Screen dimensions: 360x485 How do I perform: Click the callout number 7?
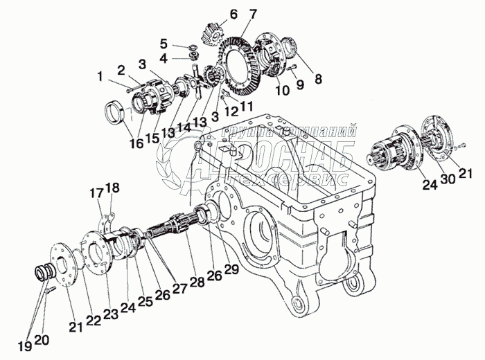(233, 15)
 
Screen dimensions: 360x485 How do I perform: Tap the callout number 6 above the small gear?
(213, 14)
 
